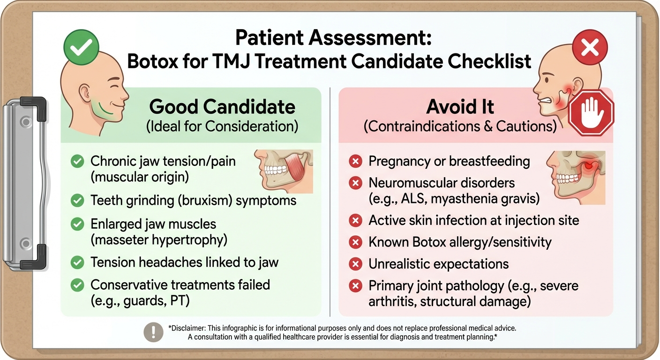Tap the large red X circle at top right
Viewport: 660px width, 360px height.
[590, 48]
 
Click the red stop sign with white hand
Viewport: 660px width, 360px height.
[591, 113]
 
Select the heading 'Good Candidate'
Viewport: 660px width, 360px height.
[222, 107]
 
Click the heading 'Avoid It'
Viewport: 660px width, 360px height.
[460, 107]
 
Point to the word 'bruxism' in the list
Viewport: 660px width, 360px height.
[208, 201]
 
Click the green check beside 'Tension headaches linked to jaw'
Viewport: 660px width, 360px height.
[77, 262]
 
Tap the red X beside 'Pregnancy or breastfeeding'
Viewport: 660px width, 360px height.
[356, 162]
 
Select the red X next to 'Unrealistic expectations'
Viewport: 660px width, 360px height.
[356, 264]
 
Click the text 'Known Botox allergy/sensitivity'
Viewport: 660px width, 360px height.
[460, 242]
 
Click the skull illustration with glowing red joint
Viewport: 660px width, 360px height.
[576, 177]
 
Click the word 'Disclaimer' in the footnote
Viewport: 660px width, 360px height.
[189, 328]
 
